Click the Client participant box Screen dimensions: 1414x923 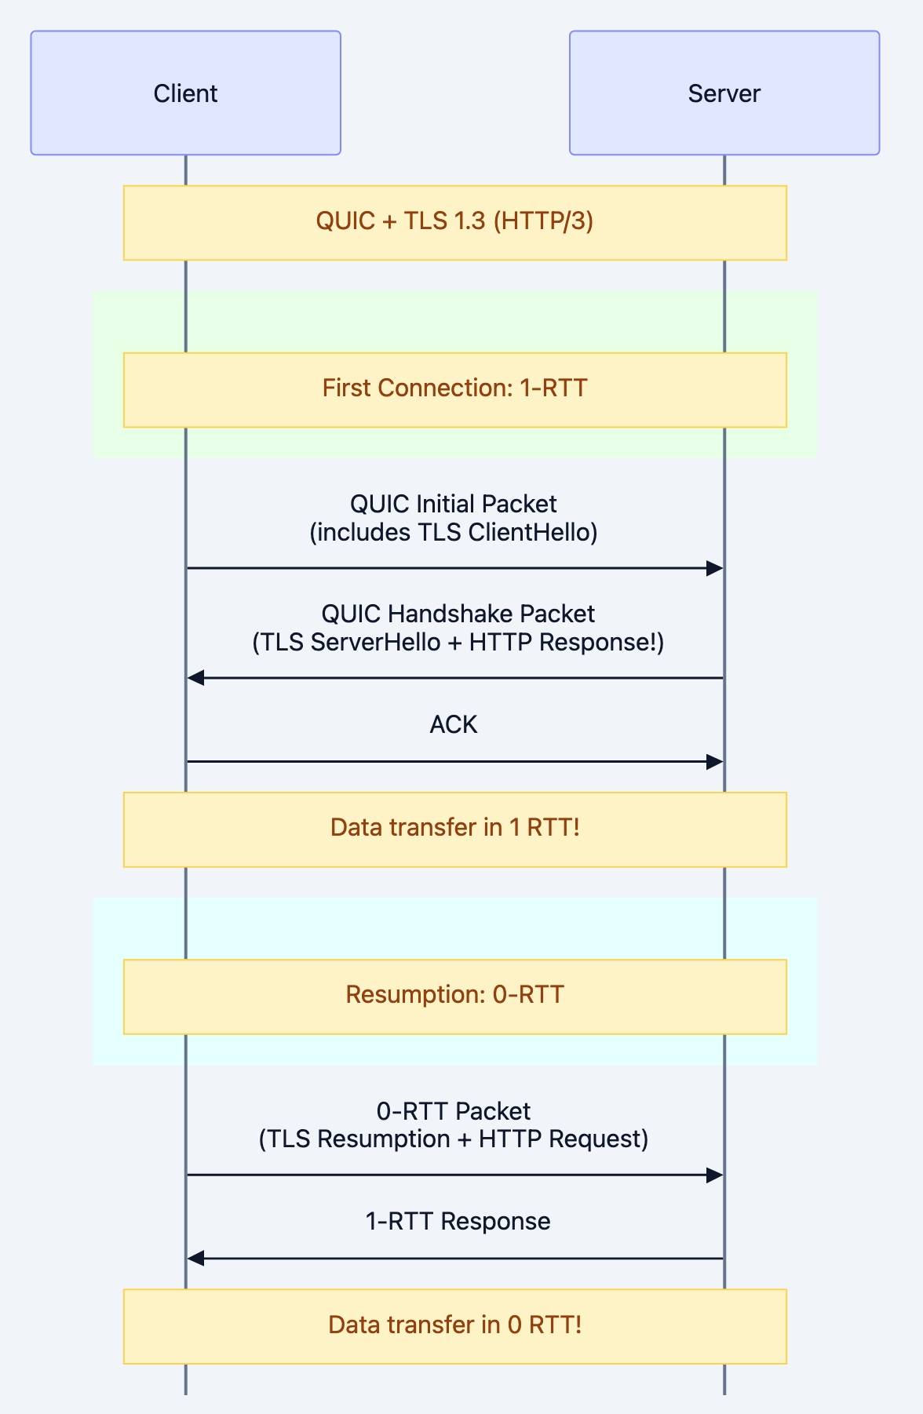coord(185,93)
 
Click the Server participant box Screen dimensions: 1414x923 coord(724,93)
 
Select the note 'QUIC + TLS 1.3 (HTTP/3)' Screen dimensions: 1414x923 coord(454,222)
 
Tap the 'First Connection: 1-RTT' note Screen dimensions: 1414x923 coord(454,389)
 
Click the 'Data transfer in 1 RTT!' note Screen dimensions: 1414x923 coord(454,829)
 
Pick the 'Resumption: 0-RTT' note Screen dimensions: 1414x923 coord(454,996)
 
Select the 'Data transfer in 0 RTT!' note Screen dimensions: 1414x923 coord(454,1326)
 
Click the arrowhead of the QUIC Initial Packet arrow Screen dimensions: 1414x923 coord(714,568)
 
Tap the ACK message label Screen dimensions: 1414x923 coord(454,724)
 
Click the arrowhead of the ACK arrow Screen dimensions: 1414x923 coord(714,762)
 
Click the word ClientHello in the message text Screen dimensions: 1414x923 coord(532,533)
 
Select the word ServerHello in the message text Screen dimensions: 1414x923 coord(375,643)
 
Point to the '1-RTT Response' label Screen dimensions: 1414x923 coord(458,1222)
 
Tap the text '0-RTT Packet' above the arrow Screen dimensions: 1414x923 coord(454,1111)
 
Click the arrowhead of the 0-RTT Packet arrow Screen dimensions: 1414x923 coord(714,1175)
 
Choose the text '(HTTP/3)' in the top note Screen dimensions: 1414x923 coord(543,222)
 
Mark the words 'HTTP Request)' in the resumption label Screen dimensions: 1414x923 coord(564,1139)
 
